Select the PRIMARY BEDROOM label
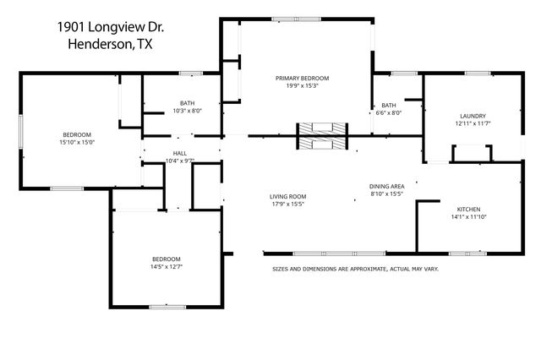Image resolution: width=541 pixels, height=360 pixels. [x=302, y=78]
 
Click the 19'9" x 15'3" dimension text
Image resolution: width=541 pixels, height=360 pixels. [x=302, y=85]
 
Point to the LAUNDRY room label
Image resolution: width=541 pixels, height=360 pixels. [x=473, y=116]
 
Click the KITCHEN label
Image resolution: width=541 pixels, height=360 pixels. [x=469, y=209]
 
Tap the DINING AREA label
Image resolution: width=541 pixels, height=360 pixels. [x=387, y=186]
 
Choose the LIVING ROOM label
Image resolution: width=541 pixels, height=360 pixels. [x=287, y=195]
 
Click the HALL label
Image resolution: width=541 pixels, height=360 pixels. [x=179, y=153]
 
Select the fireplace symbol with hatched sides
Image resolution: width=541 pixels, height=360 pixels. [x=321, y=134]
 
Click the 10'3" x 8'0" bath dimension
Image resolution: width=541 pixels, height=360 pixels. [x=186, y=111]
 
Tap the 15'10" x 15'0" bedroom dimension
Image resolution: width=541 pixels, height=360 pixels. [x=76, y=142]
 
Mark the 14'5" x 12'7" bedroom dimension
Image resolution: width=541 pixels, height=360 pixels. [x=166, y=267]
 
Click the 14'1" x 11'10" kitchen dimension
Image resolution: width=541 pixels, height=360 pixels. [x=469, y=217]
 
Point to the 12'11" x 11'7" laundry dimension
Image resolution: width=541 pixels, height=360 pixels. [x=473, y=124]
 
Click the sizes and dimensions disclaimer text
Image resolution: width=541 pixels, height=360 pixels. [x=355, y=269]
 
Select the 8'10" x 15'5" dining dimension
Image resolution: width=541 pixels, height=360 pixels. [x=387, y=194]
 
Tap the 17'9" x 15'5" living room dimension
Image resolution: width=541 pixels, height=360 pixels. [x=287, y=204]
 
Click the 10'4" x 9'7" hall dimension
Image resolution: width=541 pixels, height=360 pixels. [x=179, y=161]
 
